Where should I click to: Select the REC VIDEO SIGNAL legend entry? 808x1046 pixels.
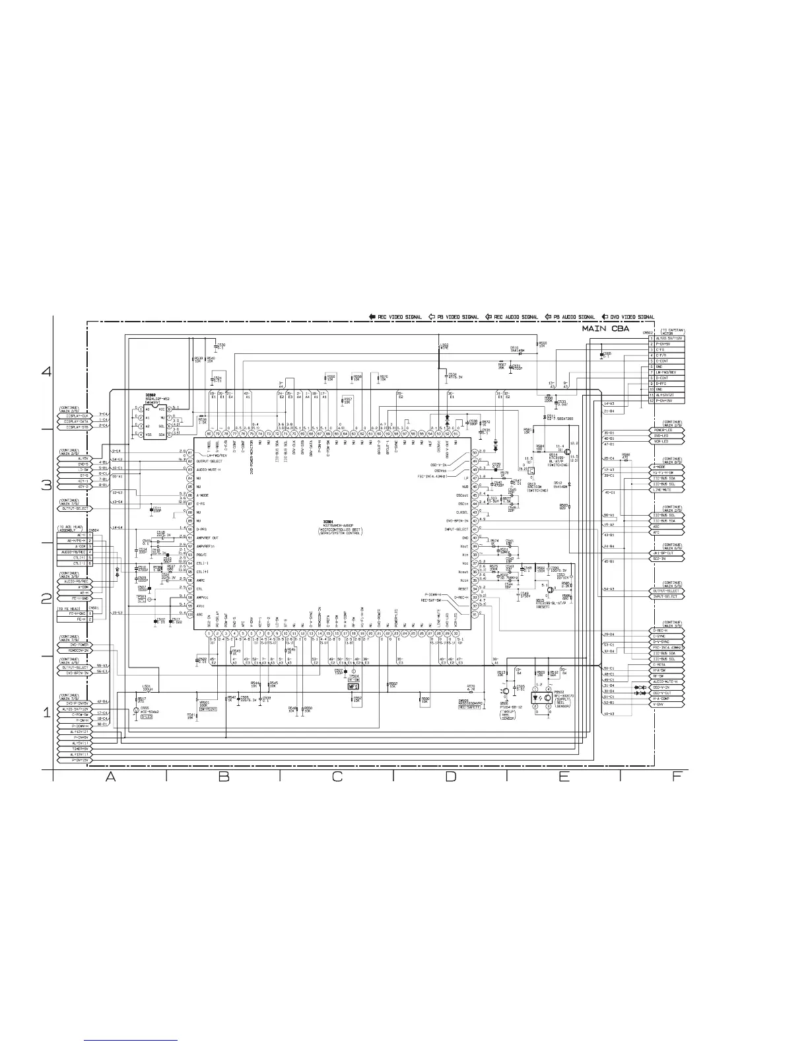click(x=395, y=317)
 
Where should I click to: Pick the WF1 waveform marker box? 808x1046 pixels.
click(x=354, y=686)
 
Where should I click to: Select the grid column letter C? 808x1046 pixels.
click(x=337, y=777)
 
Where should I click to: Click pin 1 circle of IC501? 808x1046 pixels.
click(x=209, y=634)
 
